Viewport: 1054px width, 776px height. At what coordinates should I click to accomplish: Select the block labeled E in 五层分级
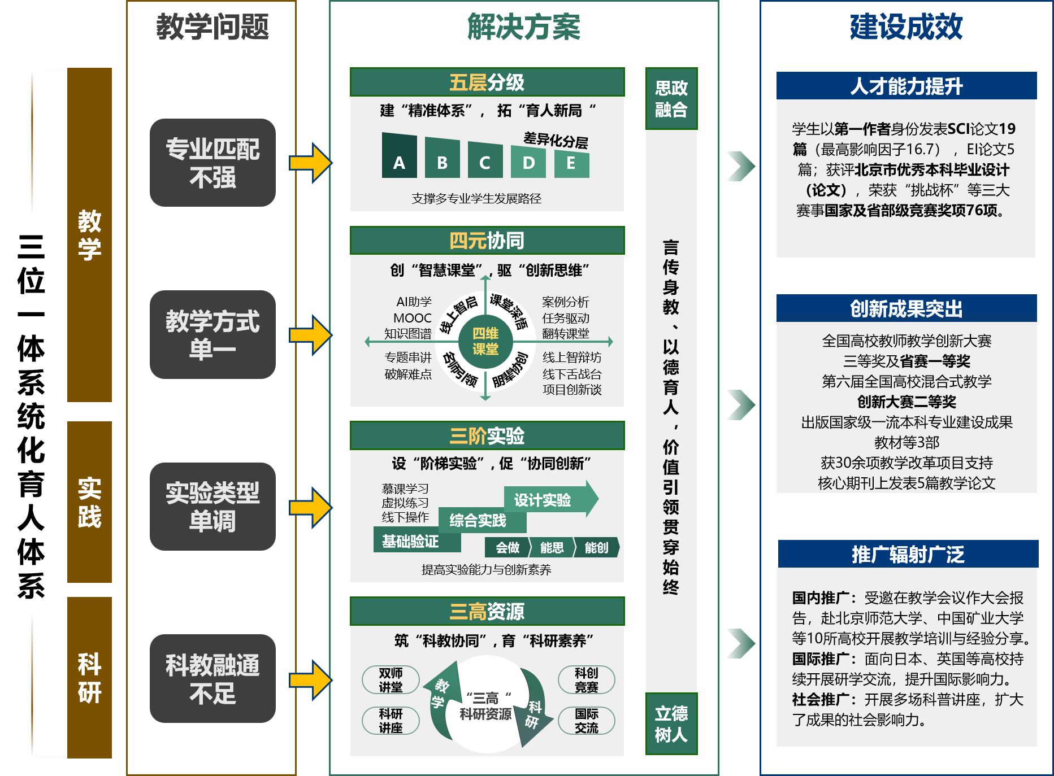tap(571, 163)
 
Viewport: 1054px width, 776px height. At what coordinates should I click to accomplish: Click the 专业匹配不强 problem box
tap(212, 163)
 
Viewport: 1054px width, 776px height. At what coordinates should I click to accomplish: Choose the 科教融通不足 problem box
tap(212, 678)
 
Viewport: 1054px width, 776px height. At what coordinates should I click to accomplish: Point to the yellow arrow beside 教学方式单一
tap(310, 335)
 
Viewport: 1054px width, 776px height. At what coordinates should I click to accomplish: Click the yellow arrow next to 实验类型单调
tap(310, 507)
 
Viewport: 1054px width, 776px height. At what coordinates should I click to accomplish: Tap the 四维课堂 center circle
tap(485, 341)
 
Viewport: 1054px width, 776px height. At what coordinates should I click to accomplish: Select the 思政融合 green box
tap(671, 99)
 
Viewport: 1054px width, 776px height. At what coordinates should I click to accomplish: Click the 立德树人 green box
tap(671, 723)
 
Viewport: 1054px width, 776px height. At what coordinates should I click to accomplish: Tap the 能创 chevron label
tap(596, 547)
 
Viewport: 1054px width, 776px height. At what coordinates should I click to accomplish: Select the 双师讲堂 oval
tap(391, 679)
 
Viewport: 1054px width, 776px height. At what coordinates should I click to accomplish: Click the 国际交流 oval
tap(586, 721)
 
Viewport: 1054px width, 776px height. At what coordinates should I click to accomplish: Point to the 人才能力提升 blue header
tap(906, 86)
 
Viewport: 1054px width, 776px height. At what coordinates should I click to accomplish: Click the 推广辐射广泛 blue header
tap(908, 554)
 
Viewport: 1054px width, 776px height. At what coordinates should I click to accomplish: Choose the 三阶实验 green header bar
tap(487, 435)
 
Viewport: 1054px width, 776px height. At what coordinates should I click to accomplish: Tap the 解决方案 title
tap(523, 27)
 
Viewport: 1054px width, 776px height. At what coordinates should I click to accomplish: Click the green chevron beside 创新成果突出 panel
tap(740, 404)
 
